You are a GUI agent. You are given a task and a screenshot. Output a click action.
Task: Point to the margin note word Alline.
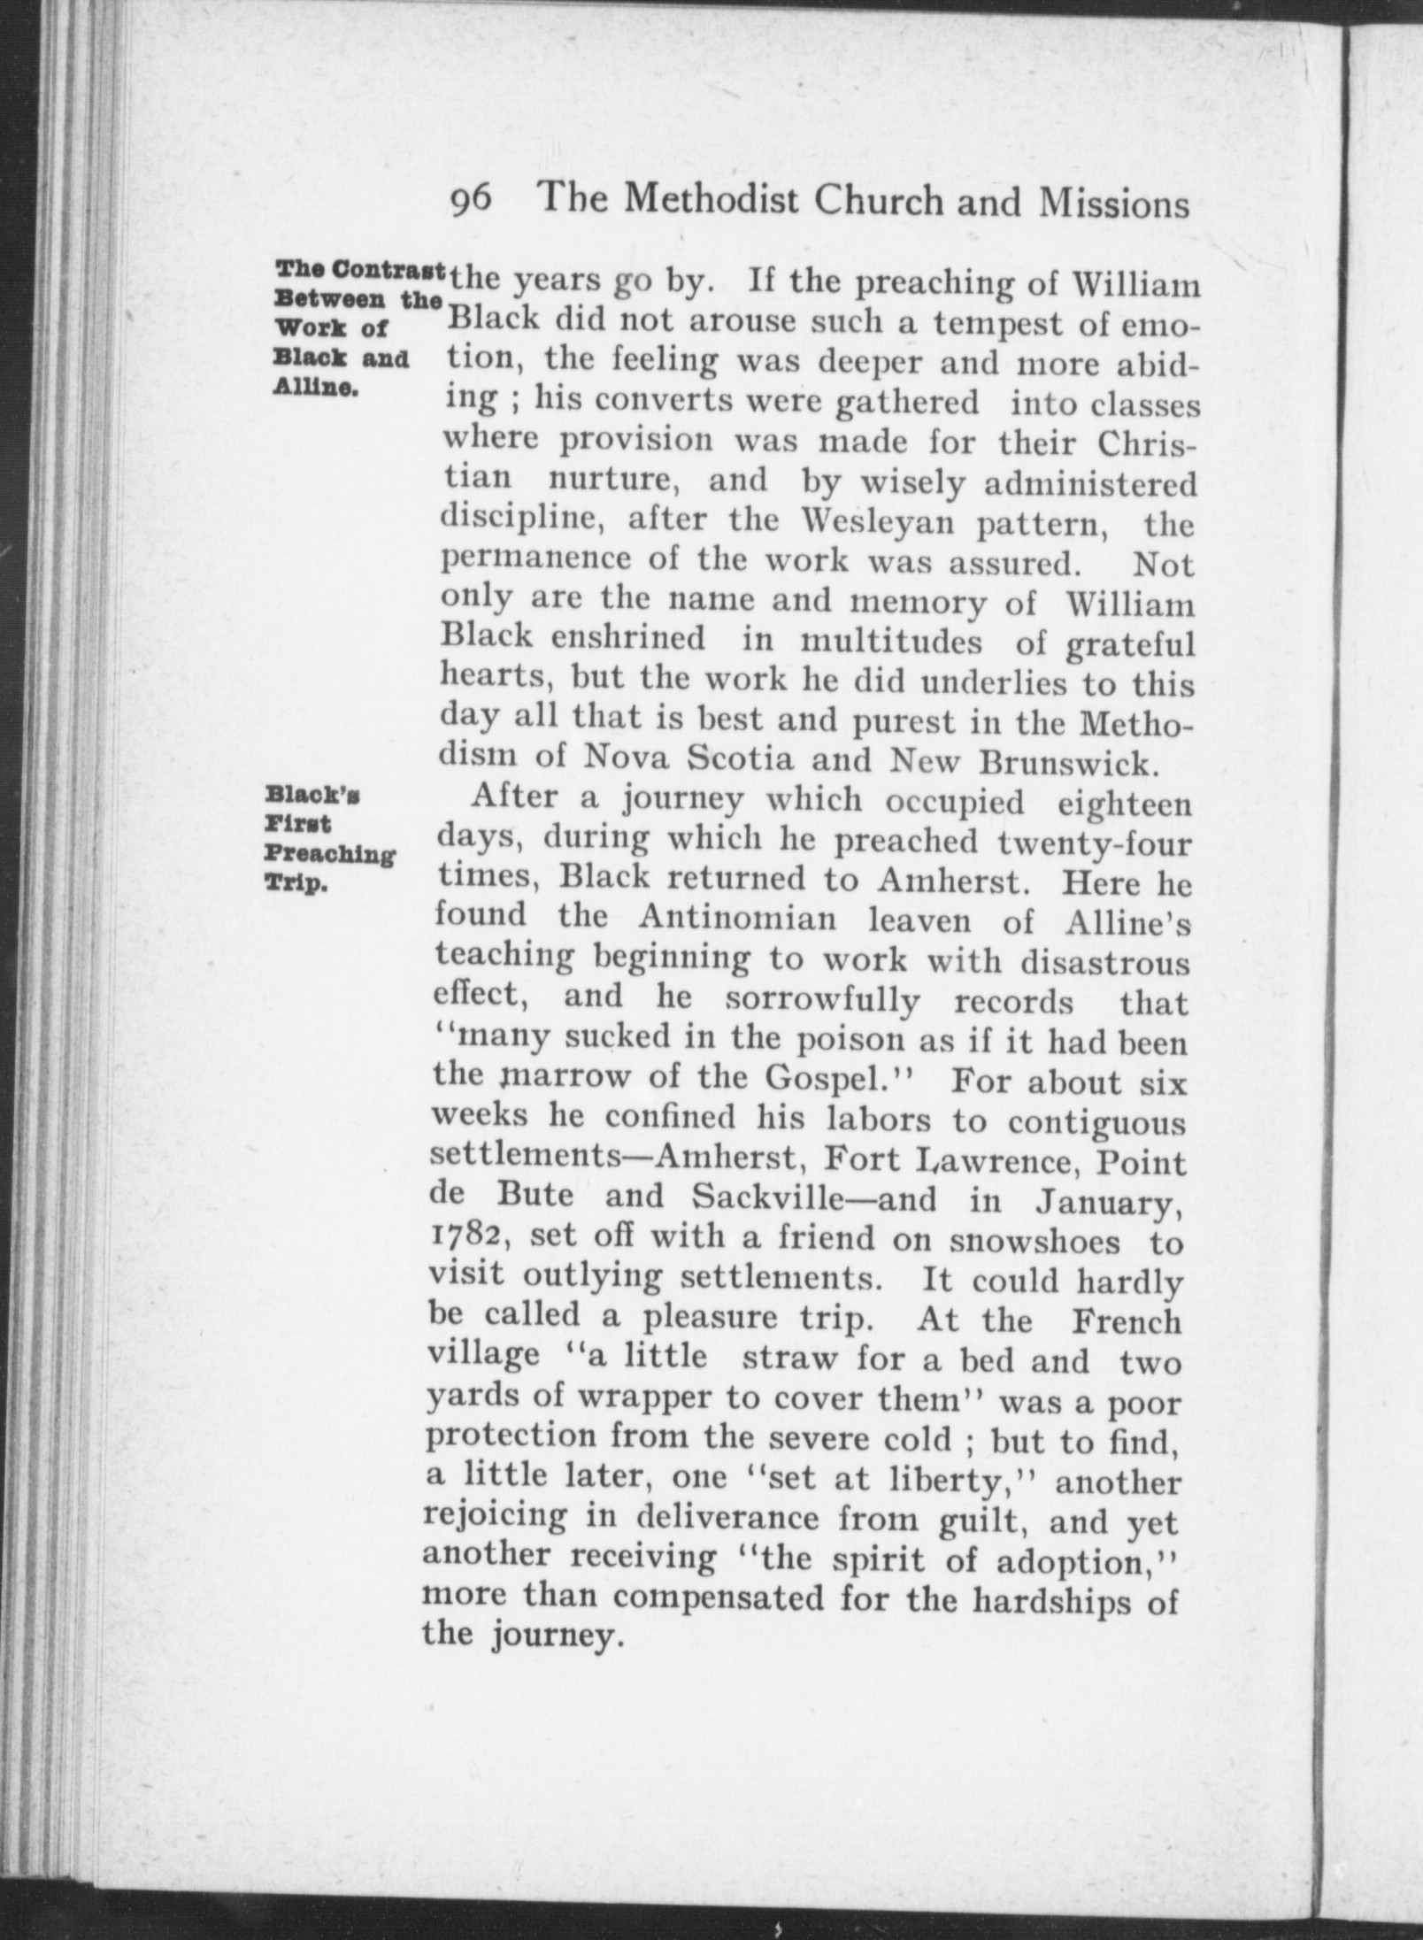tap(316, 389)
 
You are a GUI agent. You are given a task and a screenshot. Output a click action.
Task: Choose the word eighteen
tap(1124, 804)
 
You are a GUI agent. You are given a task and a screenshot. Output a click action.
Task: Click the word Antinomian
tap(737, 920)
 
